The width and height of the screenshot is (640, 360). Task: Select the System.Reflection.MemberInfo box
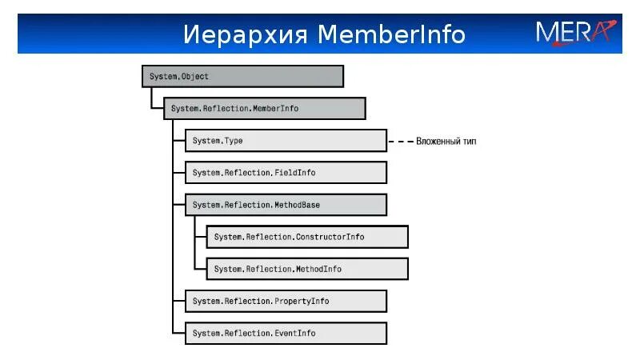(x=264, y=108)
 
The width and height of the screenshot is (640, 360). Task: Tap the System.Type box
(x=286, y=141)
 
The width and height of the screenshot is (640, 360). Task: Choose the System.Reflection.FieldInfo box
(x=286, y=173)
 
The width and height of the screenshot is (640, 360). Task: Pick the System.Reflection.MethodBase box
(x=286, y=205)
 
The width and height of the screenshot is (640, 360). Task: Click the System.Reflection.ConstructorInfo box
(x=307, y=237)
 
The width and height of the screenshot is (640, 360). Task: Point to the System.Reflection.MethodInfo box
(x=307, y=269)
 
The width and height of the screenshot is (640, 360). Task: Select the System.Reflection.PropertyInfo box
(x=286, y=301)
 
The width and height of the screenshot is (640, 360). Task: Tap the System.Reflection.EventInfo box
(x=286, y=333)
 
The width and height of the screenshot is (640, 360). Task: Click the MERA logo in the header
(x=575, y=32)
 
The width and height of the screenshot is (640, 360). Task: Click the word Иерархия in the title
(x=245, y=35)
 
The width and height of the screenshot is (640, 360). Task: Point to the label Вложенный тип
(x=446, y=142)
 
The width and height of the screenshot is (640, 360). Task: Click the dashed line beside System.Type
(x=399, y=142)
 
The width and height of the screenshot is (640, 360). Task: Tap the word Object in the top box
(x=195, y=77)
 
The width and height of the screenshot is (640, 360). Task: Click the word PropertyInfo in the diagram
(x=302, y=301)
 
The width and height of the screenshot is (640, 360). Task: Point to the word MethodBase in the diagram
(x=296, y=205)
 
